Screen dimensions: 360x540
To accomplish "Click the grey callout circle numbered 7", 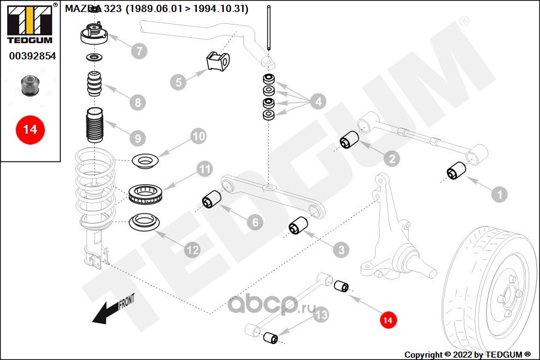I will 139,51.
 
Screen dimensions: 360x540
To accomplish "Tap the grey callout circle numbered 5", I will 178,82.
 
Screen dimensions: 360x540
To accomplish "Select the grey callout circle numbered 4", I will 317,102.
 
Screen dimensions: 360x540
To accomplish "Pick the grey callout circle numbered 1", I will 499,194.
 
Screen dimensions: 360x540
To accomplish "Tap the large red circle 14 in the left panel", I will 30,130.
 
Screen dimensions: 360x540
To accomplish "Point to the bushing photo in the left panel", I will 29,86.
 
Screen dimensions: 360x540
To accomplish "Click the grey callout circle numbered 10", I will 199,136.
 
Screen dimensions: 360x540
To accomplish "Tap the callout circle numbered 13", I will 321,314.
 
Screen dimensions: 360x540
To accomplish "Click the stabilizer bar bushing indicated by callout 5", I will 217,61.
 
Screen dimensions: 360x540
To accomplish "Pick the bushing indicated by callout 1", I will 456,172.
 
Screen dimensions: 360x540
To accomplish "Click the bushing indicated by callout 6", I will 211,199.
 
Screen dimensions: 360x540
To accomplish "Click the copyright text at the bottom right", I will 468,354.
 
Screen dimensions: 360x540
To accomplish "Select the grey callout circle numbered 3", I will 340,249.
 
